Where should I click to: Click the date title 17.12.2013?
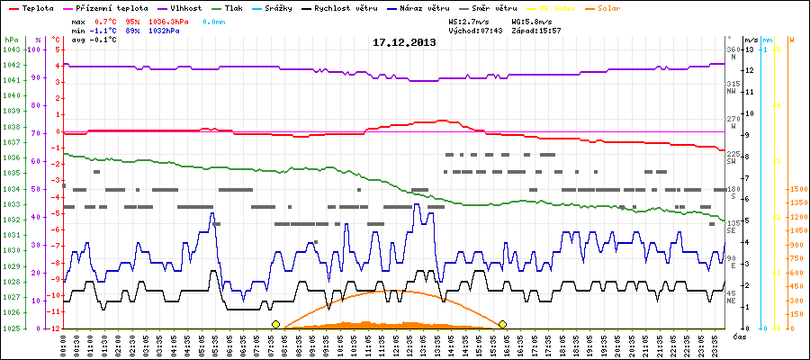(x=404, y=42)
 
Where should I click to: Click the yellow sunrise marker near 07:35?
(x=275, y=324)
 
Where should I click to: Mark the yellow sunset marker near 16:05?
(x=502, y=324)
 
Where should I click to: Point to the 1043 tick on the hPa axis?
(x=11, y=49)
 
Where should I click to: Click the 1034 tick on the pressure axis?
(x=11, y=189)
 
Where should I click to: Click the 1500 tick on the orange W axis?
(x=797, y=189)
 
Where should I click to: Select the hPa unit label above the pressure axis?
(x=11, y=40)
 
